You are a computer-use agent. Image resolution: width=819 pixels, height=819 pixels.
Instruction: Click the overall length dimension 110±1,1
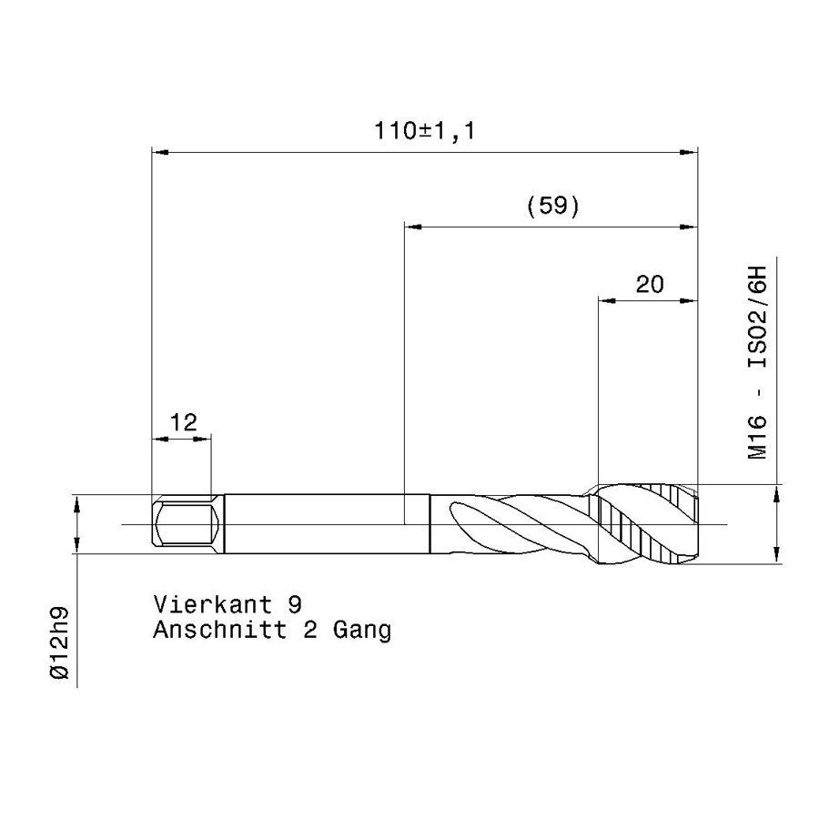pos(425,131)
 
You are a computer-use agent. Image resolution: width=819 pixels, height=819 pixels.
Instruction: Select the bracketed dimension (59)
pos(553,207)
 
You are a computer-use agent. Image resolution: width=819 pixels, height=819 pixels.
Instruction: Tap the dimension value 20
pos(650,284)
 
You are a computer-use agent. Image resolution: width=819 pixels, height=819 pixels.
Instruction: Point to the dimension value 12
pos(183,422)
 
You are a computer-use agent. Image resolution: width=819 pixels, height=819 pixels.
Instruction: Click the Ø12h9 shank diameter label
pos(59,643)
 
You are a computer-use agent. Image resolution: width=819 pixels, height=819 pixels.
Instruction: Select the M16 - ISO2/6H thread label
pos(757,362)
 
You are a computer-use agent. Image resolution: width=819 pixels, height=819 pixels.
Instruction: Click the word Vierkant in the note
pos(213,605)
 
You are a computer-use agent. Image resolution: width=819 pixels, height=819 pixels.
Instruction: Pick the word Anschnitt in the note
pos(220,630)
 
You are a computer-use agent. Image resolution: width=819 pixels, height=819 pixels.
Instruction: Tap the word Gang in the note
pos(362,632)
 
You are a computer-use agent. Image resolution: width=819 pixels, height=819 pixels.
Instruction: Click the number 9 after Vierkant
pos(295,605)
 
